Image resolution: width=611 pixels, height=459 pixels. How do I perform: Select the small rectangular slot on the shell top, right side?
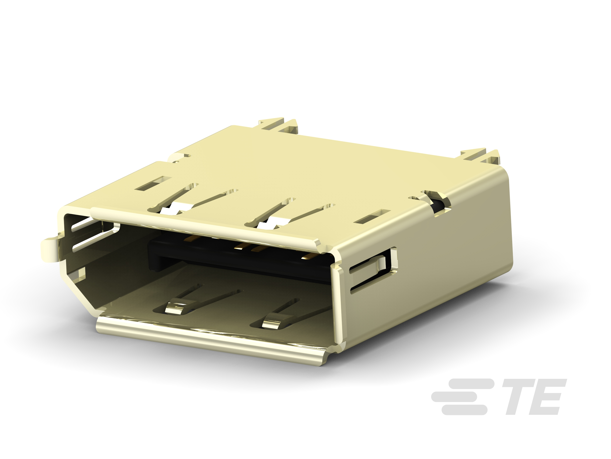[372, 216]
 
